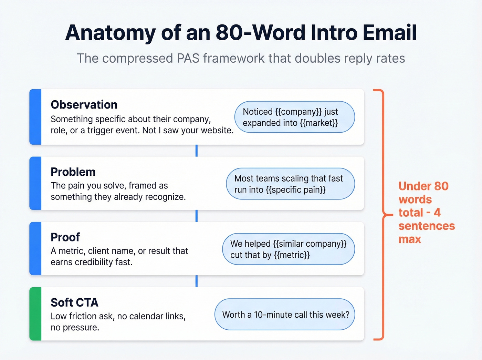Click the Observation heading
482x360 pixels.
[84, 105]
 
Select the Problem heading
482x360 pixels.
[73, 172]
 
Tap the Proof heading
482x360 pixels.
[65, 237]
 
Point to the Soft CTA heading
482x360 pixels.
[74, 302]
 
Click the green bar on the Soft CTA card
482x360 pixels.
[35, 314]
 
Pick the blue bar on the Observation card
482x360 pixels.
[35, 117]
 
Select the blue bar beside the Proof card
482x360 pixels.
[35, 248]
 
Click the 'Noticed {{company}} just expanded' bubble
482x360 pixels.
[294, 117]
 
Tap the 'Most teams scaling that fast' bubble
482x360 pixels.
[290, 184]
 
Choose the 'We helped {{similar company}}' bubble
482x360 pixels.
[289, 249]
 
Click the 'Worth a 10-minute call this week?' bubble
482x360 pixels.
[285, 315]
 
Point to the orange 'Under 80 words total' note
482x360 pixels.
[426, 213]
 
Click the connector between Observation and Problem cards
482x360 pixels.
[197, 151]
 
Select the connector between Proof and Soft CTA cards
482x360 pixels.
[197, 281]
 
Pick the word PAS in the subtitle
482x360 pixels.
[188, 59]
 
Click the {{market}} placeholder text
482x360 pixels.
[319, 123]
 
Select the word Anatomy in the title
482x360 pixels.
[111, 33]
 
